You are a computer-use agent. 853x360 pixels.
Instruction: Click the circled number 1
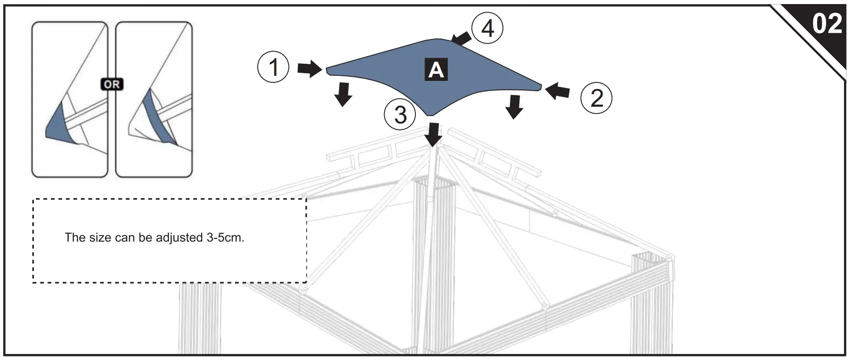273,67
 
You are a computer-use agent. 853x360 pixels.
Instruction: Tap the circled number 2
596,98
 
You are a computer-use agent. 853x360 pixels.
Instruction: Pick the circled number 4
487,28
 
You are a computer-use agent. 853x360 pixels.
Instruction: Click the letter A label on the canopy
436,70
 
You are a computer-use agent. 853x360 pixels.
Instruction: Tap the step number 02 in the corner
827,24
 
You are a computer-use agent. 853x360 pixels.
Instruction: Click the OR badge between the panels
112,84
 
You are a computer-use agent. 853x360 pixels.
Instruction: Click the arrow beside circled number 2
558,92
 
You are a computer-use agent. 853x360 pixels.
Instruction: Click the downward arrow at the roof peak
433,134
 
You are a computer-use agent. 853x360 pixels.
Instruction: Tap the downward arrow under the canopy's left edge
344,94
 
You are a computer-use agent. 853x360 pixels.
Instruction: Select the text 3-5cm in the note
225,238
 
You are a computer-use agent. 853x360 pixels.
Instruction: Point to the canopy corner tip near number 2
540,87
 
